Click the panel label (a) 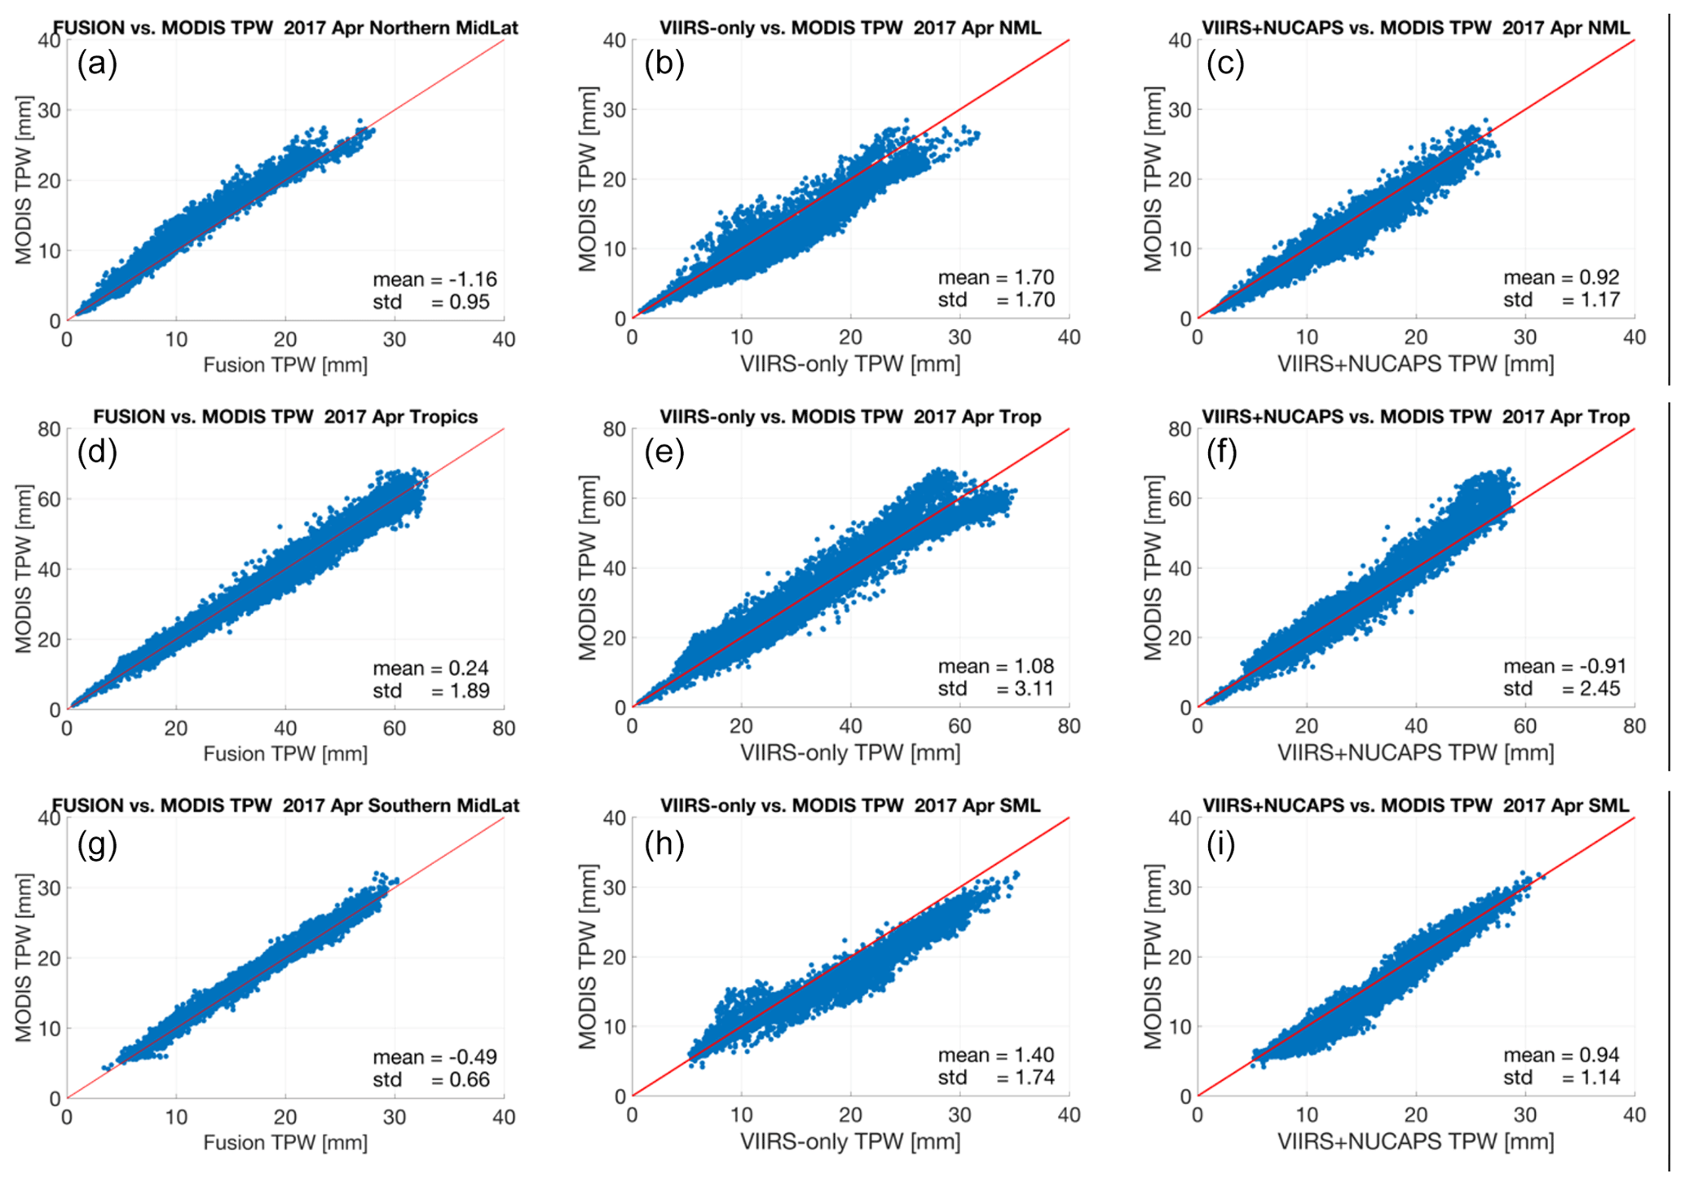pyautogui.click(x=97, y=63)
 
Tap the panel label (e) pyautogui.click(x=664, y=451)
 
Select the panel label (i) pyautogui.click(x=1220, y=844)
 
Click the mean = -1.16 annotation pyautogui.click(x=434, y=280)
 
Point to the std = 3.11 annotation pyautogui.click(x=995, y=689)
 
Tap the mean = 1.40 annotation pyautogui.click(x=995, y=1056)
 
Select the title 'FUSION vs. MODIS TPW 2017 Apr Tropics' pyautogui.click(x=285, y=417)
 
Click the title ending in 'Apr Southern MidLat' pyautogui.click(x=285, y=805)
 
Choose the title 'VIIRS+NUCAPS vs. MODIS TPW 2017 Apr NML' pyautogui.click(x=1416, y=28)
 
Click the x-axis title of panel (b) pyautogui.click(x=850, y=364)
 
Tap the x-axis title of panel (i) pyautogui.click(x=1415, y=1141)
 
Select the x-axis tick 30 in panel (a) pyautogui.click(x=395, y=340)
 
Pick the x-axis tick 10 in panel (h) pyautogui.click(x=741, y=1116)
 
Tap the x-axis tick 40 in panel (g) pyautogui.click(x=504, y=1118)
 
